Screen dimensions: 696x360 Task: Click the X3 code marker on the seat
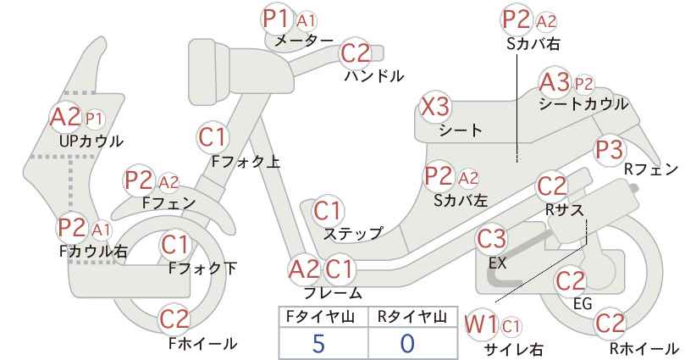435,107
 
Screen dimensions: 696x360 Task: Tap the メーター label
304,41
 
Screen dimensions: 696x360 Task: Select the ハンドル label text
374,76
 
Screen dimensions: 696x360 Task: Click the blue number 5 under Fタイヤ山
318,344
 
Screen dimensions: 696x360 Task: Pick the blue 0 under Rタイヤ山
407,344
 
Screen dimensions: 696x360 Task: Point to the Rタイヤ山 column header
412,317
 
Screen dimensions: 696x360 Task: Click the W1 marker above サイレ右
481,326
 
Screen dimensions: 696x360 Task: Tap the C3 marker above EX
491,239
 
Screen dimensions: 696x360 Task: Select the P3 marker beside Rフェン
609,151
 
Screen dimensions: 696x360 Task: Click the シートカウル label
583,104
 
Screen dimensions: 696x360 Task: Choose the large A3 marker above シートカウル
555,82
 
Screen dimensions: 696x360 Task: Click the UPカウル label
91,141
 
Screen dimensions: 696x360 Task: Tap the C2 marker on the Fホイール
174,319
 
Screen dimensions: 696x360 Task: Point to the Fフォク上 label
246,162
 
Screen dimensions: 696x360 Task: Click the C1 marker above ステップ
327,211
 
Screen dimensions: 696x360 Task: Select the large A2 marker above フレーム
304,269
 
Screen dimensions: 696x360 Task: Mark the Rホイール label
644,348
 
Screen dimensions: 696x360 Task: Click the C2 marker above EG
571,281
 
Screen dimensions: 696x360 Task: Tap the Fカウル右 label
93,252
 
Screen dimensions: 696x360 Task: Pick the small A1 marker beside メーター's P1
307,20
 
